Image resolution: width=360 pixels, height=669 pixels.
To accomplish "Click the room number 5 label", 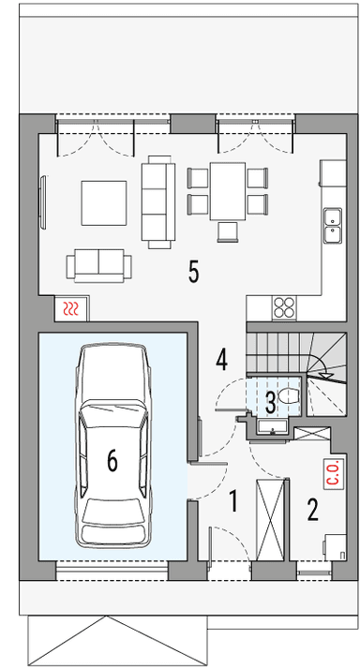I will tap(193, 272).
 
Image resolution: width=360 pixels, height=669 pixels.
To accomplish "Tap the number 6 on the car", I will tap(112, 459).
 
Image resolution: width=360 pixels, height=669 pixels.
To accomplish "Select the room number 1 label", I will tap(232, 501).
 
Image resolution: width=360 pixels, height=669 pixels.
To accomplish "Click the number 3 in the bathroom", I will tap(270, 403).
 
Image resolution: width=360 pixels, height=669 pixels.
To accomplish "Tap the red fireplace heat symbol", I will tap(70, 306).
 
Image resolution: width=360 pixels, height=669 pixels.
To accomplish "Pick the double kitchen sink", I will tap(330, 222).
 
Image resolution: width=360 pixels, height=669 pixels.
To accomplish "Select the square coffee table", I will tap(100, 201).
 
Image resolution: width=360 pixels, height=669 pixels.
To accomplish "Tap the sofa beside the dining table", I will tap(157, 201).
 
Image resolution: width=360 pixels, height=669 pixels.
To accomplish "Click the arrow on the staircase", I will tap(329, 376).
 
